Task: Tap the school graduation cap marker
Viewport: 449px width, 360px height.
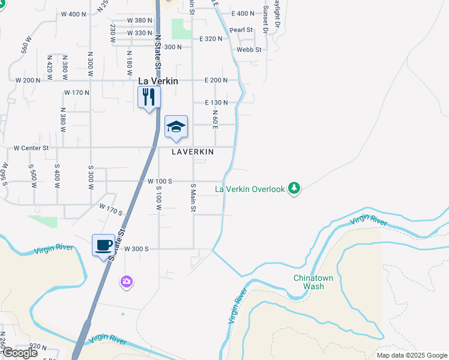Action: (x=176, y=127)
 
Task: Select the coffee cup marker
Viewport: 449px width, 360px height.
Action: (x=104, y=245)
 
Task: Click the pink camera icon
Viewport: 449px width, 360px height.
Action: (x=126, y=281)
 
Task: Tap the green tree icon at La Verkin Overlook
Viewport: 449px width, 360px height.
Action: (x=294, y=188)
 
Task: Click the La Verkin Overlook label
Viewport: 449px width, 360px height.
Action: (x=250, y=189)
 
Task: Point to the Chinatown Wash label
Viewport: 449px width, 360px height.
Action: (x=309, y=282)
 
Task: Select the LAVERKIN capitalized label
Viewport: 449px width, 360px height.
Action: (x=193, y=152)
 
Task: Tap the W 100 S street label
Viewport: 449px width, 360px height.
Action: (x=160, y=181)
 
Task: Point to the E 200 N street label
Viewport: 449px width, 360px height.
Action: (x=216, y=80)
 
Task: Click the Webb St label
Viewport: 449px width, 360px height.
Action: (x=249, y=50)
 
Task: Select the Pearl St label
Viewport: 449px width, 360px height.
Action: (x=240, y=29)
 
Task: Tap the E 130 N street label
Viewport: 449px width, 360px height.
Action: (x=216, y=103)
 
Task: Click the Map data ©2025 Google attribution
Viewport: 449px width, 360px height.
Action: (x=411, y=355)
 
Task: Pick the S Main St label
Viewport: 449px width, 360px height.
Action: (x=193, y=198)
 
